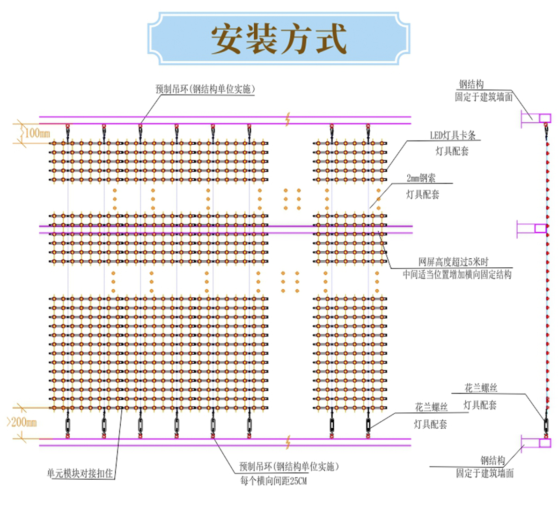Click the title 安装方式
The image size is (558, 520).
click(279, 38)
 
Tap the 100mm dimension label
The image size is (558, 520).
click(37, 133)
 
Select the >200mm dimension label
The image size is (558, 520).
click(22, 422)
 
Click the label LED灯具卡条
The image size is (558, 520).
click(453, 135)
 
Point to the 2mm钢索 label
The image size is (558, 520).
click(421, 178)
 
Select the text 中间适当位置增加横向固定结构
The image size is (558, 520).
click(457, 275)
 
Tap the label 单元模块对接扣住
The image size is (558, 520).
click(80, 473)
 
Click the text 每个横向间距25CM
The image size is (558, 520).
click(273, 481)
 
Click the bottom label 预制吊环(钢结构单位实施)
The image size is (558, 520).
click(288, 467)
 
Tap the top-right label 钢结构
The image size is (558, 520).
click(471, 84)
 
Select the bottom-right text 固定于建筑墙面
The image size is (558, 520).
click(485, 473)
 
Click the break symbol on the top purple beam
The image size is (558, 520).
click(288, 119)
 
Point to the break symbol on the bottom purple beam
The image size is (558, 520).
click(288, 442)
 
